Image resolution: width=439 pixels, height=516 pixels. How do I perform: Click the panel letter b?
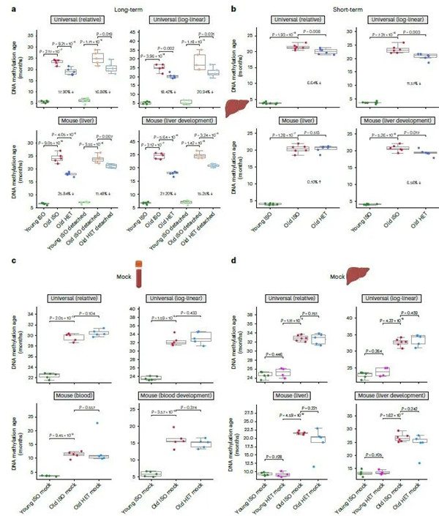(233, 7)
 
